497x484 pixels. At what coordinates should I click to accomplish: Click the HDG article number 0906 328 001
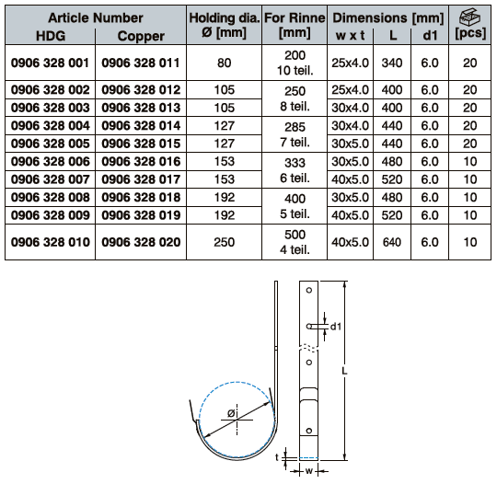50,63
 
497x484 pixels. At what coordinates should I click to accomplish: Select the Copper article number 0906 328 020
141,242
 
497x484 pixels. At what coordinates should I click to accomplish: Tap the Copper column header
141,36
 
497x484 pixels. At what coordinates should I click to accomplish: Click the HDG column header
51,36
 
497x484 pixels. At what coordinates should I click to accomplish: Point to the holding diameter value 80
224,63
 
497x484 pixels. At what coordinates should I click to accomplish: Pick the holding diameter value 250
224,242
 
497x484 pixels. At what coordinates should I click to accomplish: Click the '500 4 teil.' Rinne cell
295,242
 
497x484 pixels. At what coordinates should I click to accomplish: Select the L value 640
392,242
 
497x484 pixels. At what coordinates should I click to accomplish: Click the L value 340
392,63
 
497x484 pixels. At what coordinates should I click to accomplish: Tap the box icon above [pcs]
470,17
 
